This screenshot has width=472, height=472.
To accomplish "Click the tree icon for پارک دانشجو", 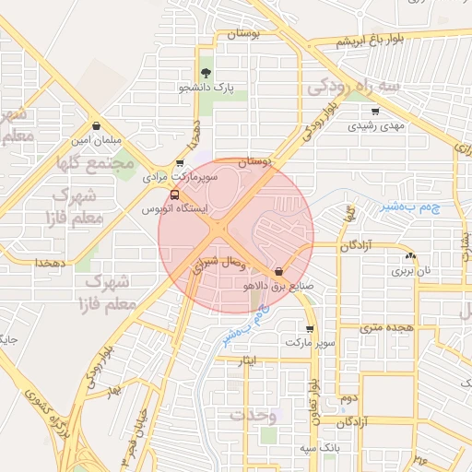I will pos(205,73).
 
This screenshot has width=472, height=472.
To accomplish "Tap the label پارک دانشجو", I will pos(208,88).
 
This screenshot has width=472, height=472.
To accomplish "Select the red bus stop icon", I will pos(175,195).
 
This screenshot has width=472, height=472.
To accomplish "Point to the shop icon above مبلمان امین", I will pos(97,125).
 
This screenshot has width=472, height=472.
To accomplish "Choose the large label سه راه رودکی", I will pos(354,87).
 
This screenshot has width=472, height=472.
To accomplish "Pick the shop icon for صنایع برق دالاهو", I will pos(278,271).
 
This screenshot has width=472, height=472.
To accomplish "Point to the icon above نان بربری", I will pos(410,255).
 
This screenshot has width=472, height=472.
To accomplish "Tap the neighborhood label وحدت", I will pos(254,416).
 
